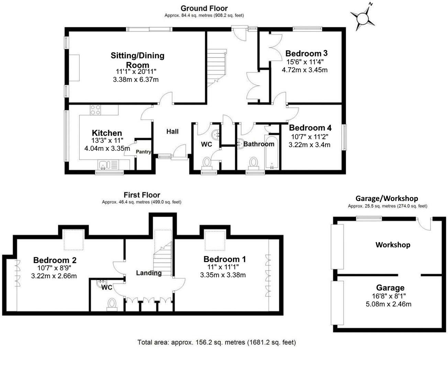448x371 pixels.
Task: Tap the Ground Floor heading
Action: [204, 8]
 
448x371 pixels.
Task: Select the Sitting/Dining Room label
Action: [137, 60]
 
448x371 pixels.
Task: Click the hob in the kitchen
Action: [95, 110]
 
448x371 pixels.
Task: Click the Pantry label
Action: [143, 151]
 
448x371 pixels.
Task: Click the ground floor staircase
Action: [216, 67]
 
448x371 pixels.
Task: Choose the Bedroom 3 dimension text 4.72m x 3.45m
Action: [304, 70]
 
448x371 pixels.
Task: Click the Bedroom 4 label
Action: [310, 128]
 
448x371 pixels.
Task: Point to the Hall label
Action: [172, 132]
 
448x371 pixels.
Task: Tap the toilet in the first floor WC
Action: [112, 304]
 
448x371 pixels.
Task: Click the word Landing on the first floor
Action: [149, 273]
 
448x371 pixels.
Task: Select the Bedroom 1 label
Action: [224, 259]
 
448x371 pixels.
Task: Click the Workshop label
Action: [393, 245]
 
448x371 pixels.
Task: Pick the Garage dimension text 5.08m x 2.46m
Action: [389, 304]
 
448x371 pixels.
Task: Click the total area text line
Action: [216, 342]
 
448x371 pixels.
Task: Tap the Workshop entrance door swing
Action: [425, 225]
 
